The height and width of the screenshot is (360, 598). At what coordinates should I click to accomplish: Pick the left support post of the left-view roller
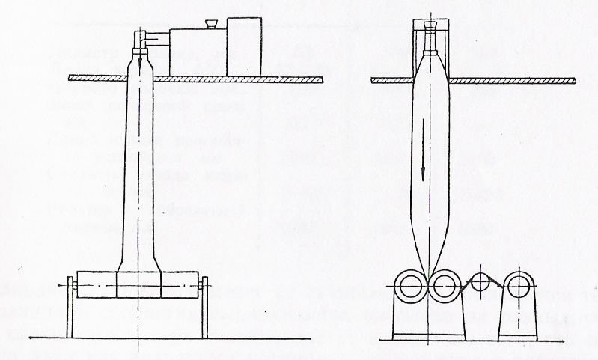coord(71,308)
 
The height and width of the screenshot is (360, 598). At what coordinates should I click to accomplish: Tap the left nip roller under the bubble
coord(413,285)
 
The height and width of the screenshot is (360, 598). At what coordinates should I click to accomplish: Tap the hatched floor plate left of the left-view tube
coord(97,78)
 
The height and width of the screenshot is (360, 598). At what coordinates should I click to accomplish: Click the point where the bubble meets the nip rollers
coord(429,275)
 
